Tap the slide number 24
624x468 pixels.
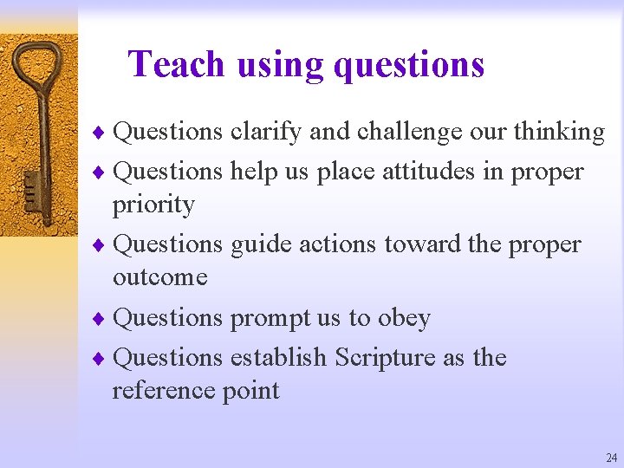coord(612,458)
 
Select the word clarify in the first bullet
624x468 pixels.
coord(266,132)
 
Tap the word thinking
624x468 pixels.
coord(559,132)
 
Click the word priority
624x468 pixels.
coord(153,205)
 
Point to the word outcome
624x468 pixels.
coord(160,277)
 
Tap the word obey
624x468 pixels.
coord(404,318)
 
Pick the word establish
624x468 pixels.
coord(278,357)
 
